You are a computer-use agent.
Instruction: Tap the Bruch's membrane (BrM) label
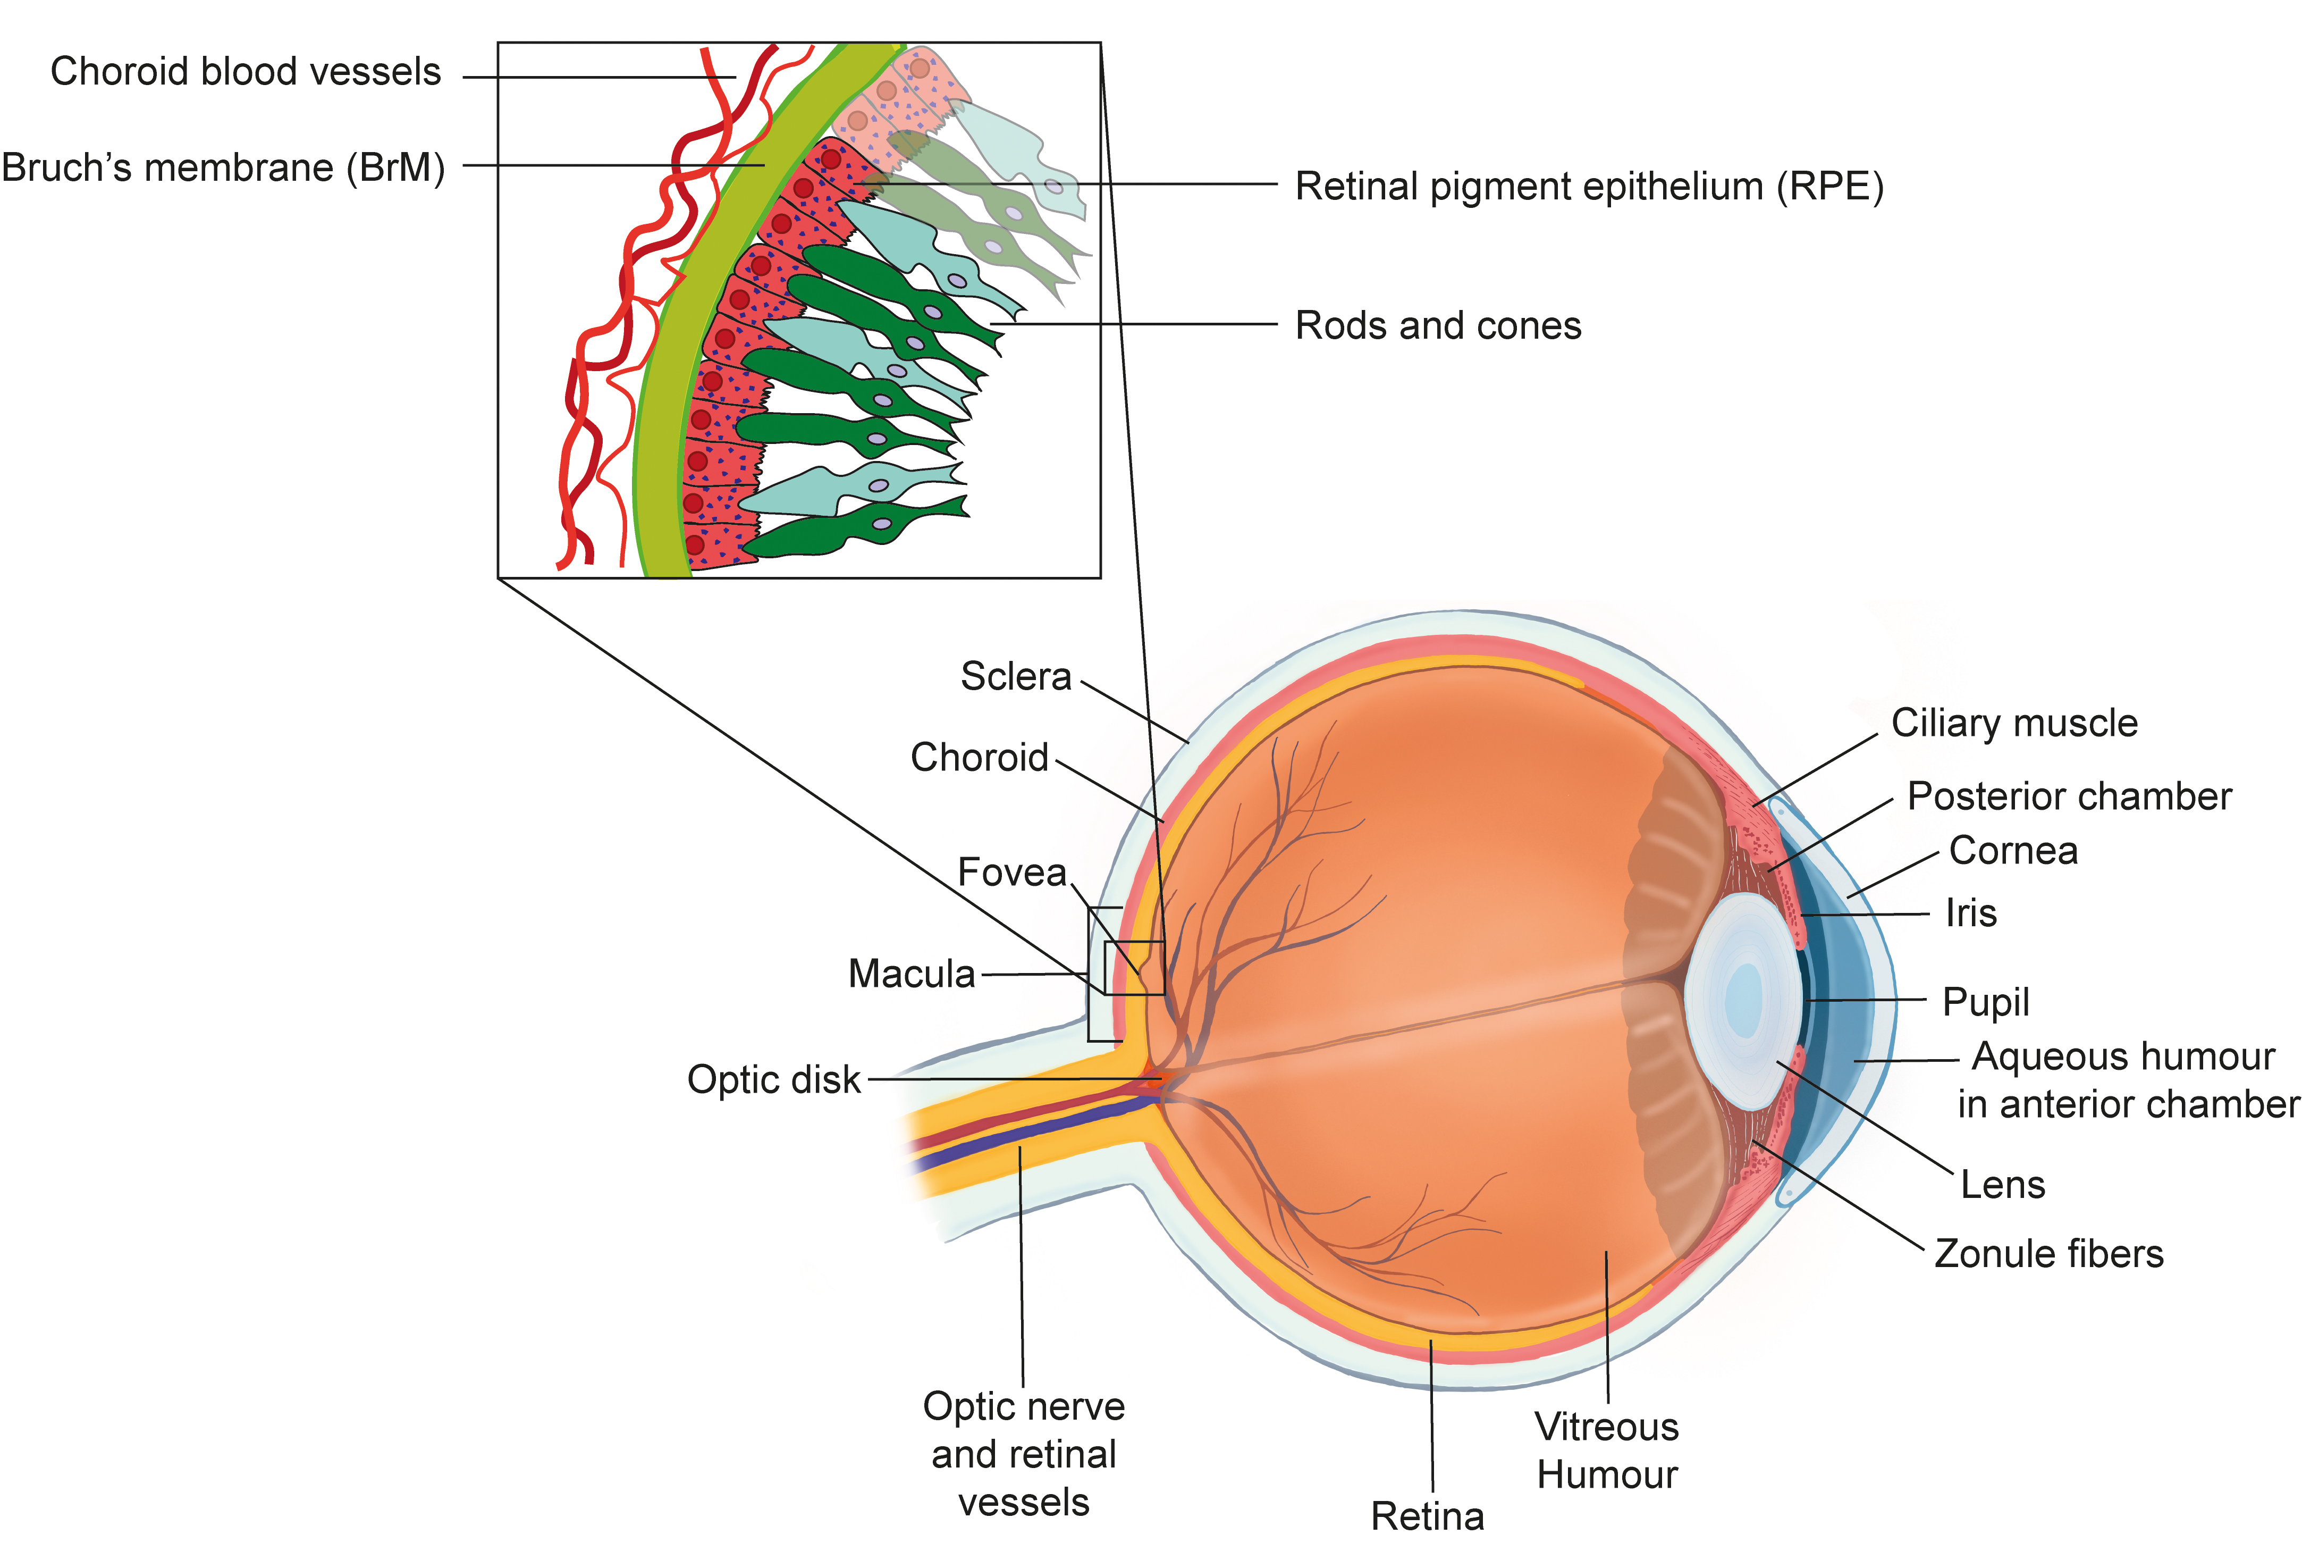point(223,168)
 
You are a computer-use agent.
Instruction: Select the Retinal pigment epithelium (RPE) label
point(1588,186)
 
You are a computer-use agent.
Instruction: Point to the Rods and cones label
point(1437,326)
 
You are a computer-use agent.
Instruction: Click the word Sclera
point(1015,677)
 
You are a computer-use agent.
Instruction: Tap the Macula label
point(911,974)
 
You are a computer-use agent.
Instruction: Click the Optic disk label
point(773,1079)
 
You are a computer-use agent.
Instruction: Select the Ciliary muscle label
point(2014,723)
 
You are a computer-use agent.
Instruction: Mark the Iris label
point(1970,913)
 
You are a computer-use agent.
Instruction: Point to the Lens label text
point(2002,1185)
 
